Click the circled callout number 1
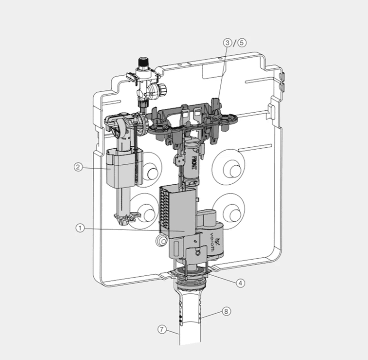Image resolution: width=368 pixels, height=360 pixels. tap(80, 228)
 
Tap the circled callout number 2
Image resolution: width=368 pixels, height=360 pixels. tap(78, 167)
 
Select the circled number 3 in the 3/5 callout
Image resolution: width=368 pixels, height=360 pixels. tap(228, 43)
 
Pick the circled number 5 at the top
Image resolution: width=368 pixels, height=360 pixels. tap(242, 43)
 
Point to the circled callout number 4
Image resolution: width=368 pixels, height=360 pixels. tap(241, 283)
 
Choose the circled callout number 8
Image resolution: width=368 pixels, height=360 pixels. tap(226, 311)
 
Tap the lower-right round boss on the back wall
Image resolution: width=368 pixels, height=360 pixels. tap(232, 215)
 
